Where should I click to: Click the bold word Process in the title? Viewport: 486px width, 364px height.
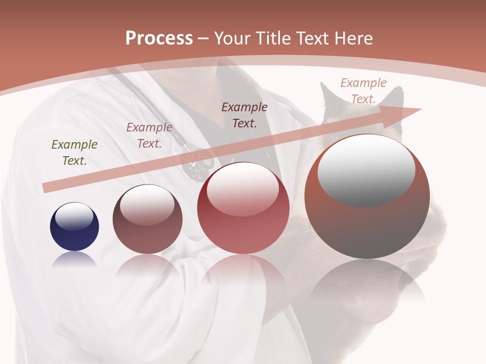(159, 38)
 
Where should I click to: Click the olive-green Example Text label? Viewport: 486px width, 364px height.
(74, 153)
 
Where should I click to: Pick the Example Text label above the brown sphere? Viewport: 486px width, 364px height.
(149, 135)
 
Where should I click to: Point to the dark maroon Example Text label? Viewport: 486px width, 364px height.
(245, 115)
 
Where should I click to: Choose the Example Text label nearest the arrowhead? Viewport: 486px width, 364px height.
(363, 90)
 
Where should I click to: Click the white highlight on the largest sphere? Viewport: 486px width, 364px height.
(366, 170)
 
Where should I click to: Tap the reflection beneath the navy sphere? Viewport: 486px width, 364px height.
(74, 259)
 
